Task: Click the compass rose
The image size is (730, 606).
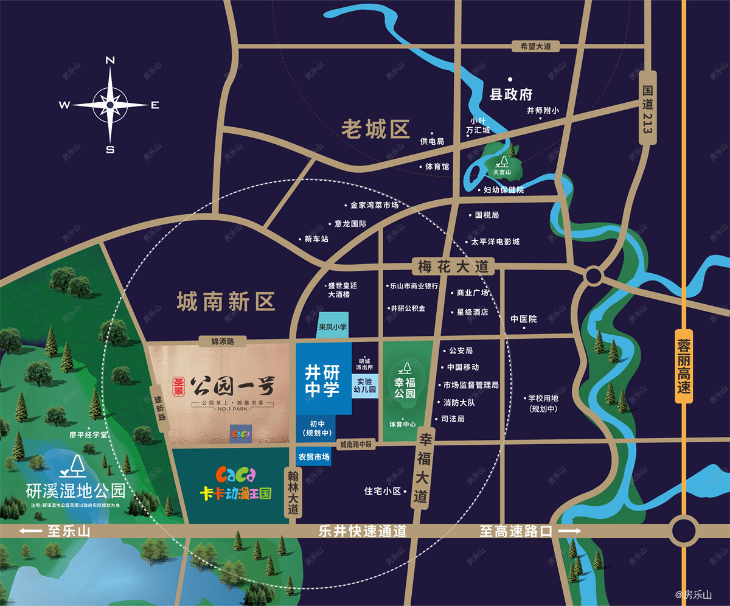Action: [x=110, y=105]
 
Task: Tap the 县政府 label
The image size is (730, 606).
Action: [x=511, y=94]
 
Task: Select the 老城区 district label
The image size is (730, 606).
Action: [x=375, y=129]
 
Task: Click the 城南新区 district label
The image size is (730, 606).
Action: [x=226, y=301]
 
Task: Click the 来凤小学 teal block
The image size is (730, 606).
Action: [x=333, y=327]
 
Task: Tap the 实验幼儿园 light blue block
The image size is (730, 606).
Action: [x=365, y=384]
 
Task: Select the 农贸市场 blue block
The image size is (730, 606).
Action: [x=314, y=456]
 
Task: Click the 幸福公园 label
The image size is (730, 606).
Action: [x=405, y=388]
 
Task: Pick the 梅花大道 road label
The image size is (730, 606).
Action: [x=453, y=266]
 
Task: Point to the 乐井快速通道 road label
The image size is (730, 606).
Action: [x=362, y=531]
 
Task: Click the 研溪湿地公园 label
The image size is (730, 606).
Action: [x=76, y=490]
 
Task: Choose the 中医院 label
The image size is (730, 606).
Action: [x=523, y=319]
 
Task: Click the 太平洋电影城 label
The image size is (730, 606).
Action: [x=496, y=242]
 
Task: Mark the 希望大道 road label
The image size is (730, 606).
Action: [x=535, y=46]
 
